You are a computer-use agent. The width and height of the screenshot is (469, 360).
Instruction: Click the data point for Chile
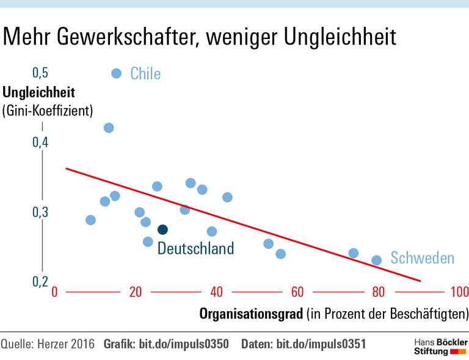117,73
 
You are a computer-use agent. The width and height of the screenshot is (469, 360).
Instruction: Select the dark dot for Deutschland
162,229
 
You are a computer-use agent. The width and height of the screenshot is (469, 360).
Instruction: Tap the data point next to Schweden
377,260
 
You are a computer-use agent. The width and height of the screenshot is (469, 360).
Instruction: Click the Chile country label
145,74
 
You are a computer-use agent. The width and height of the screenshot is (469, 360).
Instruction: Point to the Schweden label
423,258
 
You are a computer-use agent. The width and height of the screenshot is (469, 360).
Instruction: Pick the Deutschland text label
195,248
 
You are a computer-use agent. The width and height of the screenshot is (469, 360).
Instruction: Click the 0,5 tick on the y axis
40,73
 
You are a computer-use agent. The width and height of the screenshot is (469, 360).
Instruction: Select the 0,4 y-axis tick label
40,142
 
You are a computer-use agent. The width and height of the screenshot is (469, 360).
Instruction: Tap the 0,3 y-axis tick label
40,212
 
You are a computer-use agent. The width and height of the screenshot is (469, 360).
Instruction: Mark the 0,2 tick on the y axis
40,281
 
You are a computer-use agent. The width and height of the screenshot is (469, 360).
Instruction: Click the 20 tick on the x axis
136,292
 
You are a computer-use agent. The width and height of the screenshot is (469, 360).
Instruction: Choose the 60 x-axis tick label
297,292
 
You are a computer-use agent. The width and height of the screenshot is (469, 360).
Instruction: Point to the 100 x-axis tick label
459,292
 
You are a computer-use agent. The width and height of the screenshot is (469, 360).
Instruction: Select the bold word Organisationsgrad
252,314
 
